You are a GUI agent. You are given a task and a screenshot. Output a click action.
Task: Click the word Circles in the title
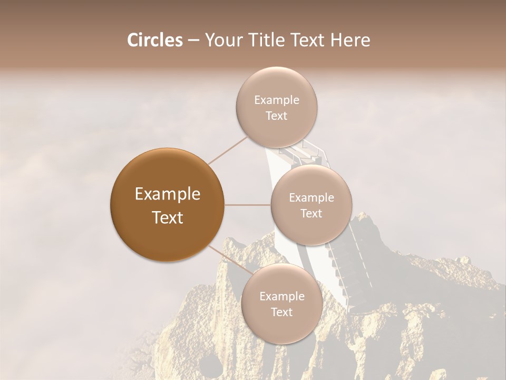click(154, 40)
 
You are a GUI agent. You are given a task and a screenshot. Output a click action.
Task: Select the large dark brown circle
click(168, 205)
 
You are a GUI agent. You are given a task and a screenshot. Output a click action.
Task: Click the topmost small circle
click(276, 107)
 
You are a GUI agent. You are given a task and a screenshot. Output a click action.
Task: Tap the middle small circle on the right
click(311, 205)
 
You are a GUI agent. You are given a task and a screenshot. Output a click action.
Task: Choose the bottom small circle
click(281, 303)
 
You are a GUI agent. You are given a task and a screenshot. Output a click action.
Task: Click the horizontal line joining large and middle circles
click(248, 205)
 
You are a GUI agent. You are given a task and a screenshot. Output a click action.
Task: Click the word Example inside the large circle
click(168, 194)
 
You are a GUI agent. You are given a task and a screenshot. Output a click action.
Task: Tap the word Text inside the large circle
click(168, 217)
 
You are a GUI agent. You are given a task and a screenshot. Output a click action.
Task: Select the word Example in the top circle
click(277, 100)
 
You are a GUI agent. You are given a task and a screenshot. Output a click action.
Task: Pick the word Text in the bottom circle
click(281, 312)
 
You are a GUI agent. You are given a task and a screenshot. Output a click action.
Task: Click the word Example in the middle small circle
click(312, 198)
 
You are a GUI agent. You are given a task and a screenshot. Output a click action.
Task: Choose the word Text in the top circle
click(276, 116)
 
